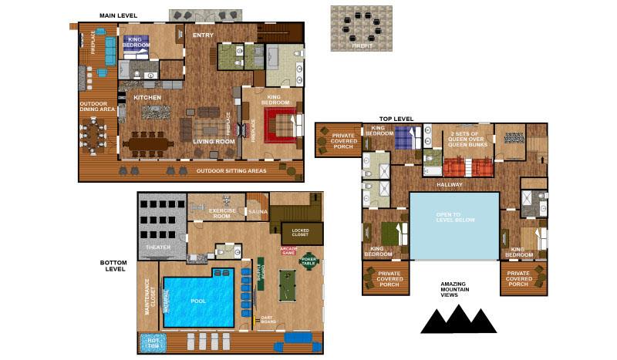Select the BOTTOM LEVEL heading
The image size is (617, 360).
tap(113, 266)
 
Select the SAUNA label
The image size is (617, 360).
tap(255, 210)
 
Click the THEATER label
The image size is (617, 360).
tap(158, 247)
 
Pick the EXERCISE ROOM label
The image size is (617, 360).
tap(223, 213)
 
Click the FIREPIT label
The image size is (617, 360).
tap(362, 46)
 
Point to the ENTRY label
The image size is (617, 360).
tap(204, 34)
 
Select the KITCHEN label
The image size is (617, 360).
tap(147, 98)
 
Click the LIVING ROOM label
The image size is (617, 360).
tap(214, 142)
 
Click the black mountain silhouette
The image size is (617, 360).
tap(457, 318)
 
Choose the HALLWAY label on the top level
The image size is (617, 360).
tap(448, 184)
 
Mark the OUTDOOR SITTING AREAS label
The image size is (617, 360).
tap(232, 170)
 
